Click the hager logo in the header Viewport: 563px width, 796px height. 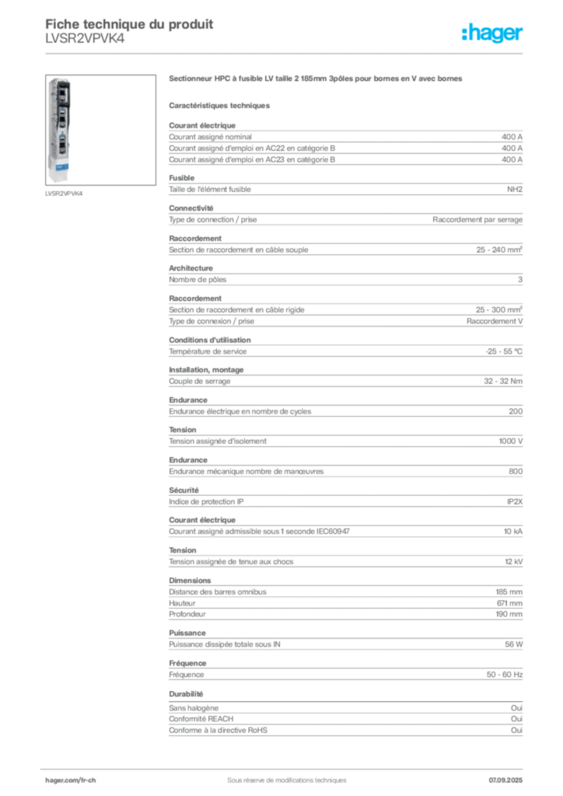point(491,33)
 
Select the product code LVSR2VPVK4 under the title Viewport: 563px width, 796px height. point(85,39)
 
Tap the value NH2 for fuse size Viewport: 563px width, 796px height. point(514,190)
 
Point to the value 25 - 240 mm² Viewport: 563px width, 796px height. point(499,250)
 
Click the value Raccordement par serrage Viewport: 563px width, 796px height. point(477,220)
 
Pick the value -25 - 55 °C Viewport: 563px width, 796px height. point(504,351)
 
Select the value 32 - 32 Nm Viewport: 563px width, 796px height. point(502,381)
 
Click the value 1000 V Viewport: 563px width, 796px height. point(510,442)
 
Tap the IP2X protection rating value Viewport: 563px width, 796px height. point(514,501)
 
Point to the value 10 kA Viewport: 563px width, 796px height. point(512,532)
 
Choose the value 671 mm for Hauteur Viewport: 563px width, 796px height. point(509,603)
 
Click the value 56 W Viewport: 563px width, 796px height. point(513,644)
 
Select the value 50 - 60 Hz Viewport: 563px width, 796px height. point(504,675)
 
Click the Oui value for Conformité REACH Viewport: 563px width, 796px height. point(516,719)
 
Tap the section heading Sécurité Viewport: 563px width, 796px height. point(184,491)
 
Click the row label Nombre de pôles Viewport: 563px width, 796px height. point(198,280)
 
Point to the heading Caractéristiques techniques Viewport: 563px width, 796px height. point(219,106)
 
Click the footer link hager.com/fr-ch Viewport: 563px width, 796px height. point(71,780)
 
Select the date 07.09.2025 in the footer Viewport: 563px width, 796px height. point(505,780)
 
